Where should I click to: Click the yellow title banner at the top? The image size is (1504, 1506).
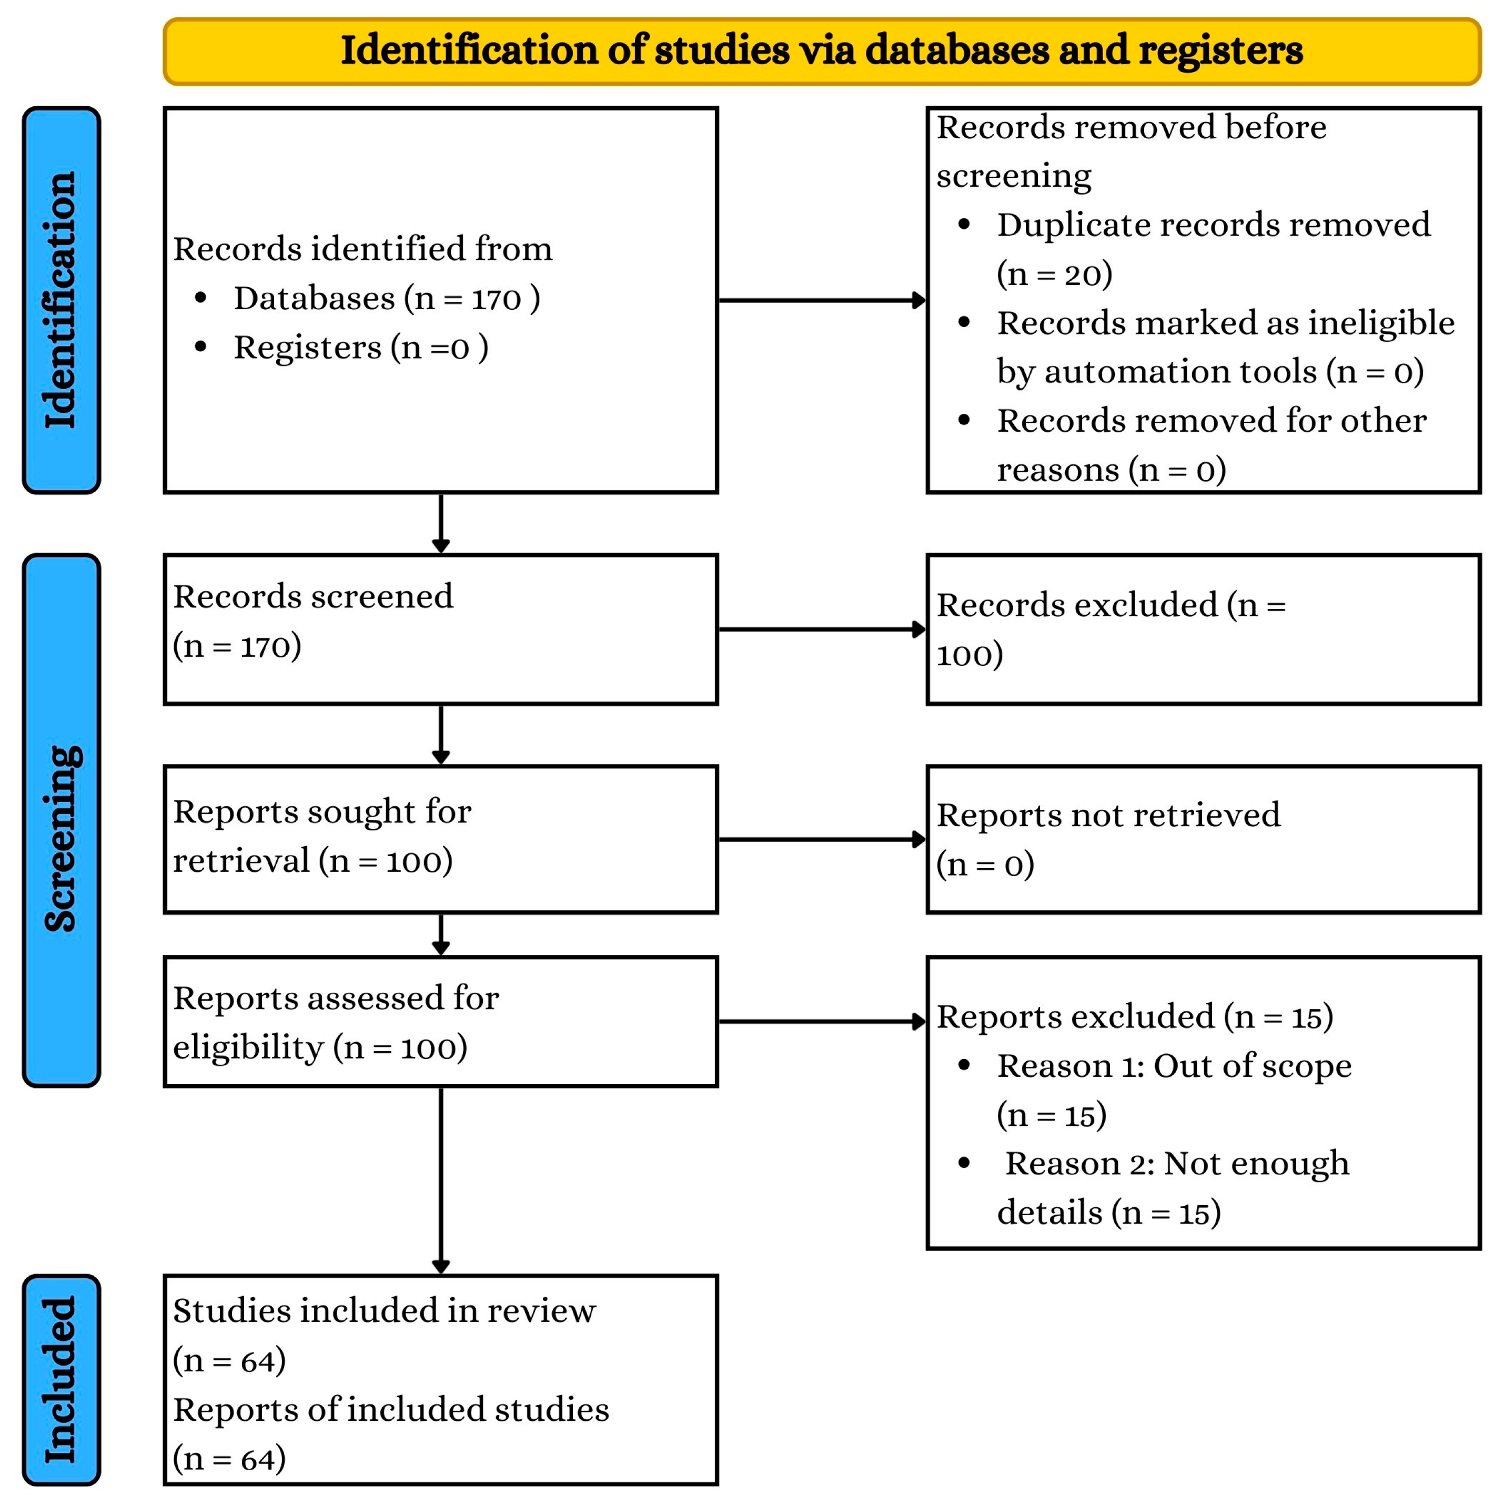coord(821,52)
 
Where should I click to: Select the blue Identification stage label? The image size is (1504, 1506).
coord(62,300)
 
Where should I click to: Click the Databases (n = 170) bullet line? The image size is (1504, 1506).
coord(387,299)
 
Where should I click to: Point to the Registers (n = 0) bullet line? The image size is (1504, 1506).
coord(361,348)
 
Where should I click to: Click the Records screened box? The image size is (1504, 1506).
coord(440,629)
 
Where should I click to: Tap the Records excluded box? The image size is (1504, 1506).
coord(1203,629)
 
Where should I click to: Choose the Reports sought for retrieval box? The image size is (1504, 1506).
coord(440,840)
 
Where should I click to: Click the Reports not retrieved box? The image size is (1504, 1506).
coord(1203,840)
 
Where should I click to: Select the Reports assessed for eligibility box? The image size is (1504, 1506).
coord(440,1022)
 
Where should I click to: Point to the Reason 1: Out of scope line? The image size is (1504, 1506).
coord(1174,1066)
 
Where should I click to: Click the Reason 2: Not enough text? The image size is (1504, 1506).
coord(1177,1164)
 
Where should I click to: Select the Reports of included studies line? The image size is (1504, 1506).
coord(391,1410)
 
